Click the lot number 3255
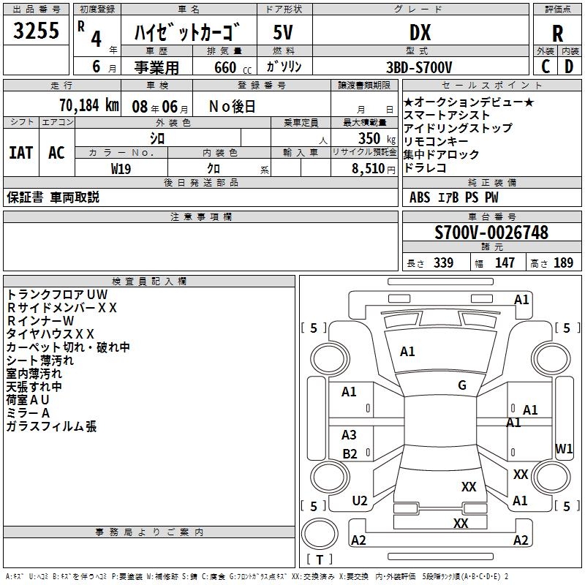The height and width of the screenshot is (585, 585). point(36,31)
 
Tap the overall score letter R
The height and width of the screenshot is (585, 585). point(557,33)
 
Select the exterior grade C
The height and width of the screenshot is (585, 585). point(545,66)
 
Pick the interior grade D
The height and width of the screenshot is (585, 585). point(569,66)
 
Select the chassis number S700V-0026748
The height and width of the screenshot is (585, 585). point(491,233)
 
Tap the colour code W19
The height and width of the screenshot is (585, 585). point(121,167)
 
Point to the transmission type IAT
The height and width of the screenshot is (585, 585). point(20,152)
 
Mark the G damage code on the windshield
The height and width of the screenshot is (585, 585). point(462,385)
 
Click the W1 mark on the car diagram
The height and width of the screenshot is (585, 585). point(564,448)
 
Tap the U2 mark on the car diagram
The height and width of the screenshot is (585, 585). point(359,500)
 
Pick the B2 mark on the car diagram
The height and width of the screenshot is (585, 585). point(350,454)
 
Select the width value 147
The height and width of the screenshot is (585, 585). point(505,263)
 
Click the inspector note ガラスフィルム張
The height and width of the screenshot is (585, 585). point(51,426)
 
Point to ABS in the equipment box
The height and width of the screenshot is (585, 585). point(420,197)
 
